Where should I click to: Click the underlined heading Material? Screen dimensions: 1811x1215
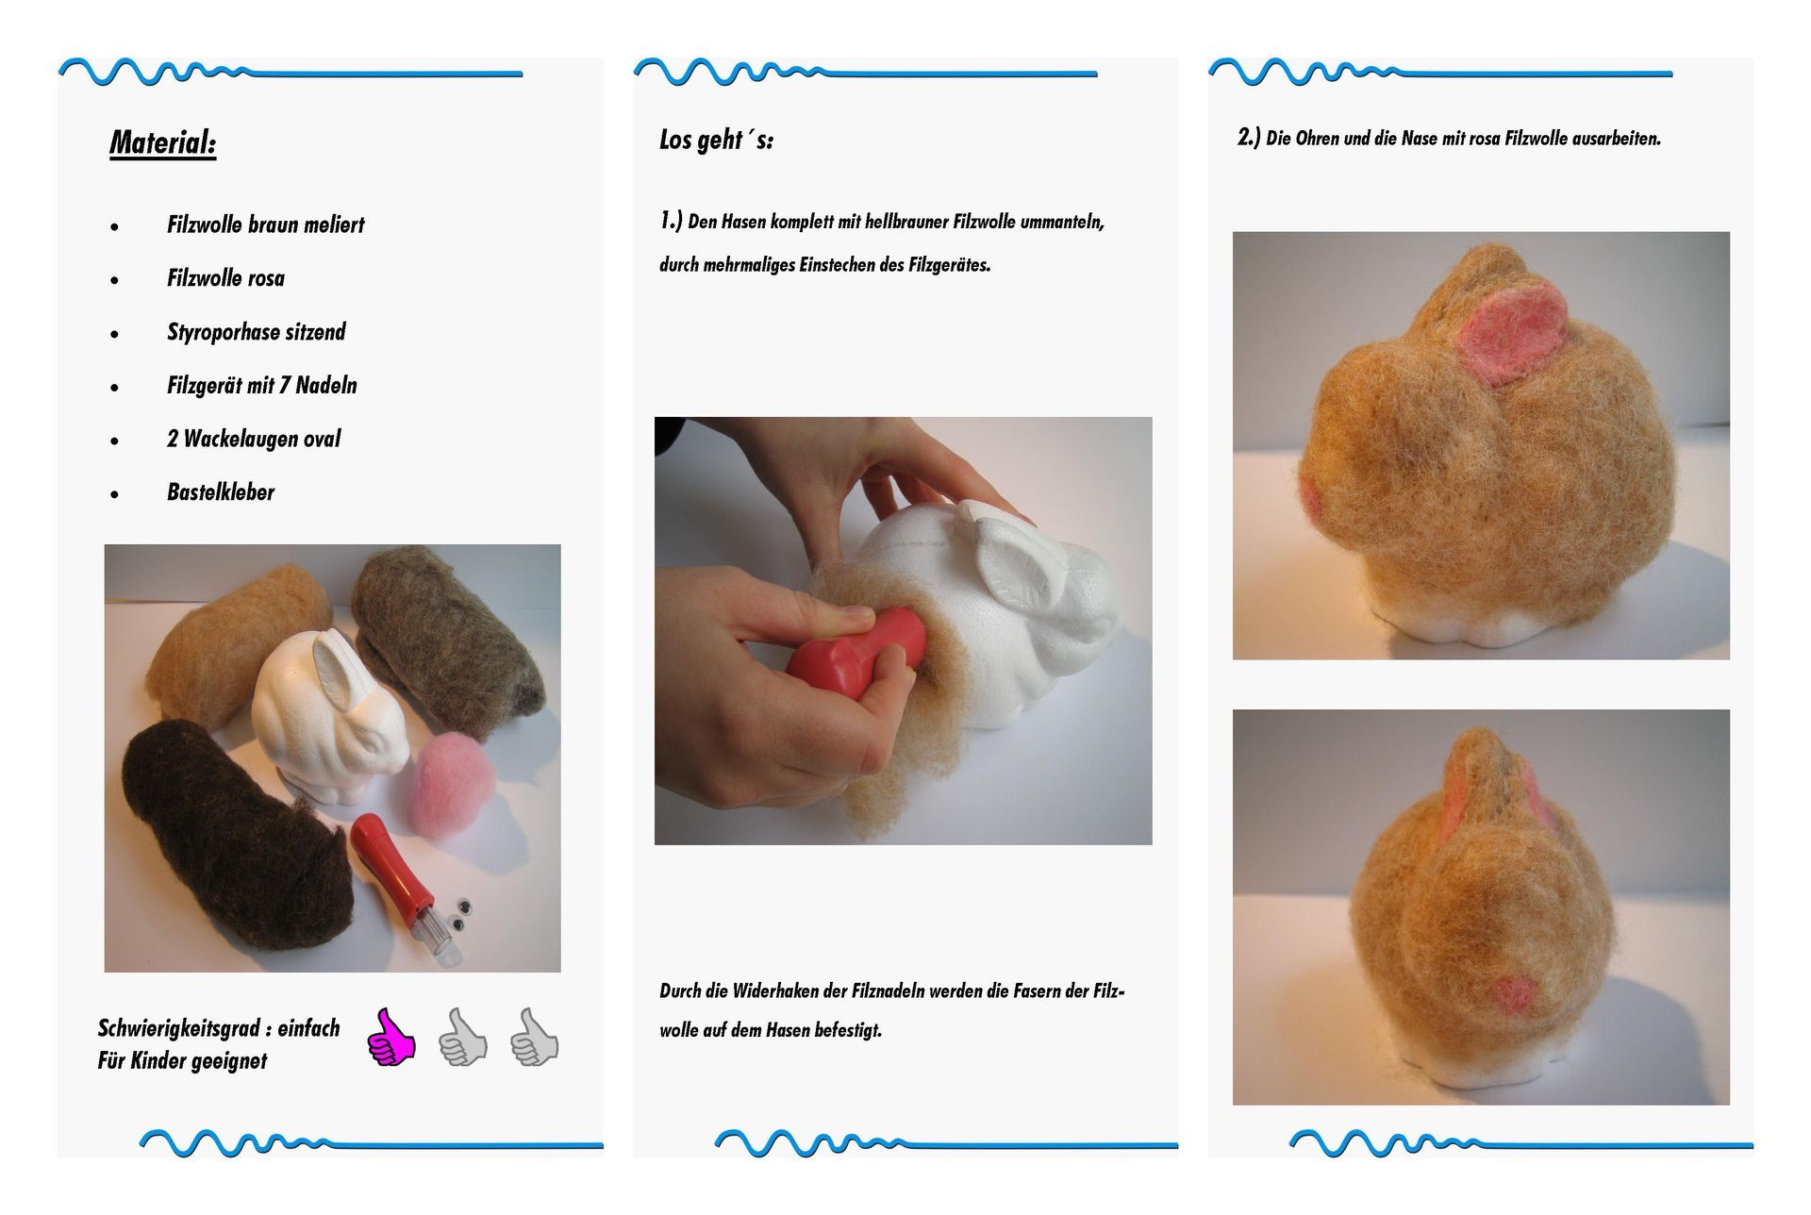click(163, 143)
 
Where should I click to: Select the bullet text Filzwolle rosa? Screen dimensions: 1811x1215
click(225, 278)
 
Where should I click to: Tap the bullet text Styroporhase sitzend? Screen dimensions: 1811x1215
click(256, 332)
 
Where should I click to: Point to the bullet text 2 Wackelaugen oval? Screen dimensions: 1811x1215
click(253, 439)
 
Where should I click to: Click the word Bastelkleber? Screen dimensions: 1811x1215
click(221, 492)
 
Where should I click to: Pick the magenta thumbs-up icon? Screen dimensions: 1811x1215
click(390, 1038)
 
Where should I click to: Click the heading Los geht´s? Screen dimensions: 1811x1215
click(716, 141)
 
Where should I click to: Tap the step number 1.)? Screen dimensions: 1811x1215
click(671, 222)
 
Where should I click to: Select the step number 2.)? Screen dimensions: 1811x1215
click(1249, 138)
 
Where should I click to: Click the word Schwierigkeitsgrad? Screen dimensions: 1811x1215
click(178, 1028)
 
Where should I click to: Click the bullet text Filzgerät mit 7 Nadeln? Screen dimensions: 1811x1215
click(262, 386)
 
